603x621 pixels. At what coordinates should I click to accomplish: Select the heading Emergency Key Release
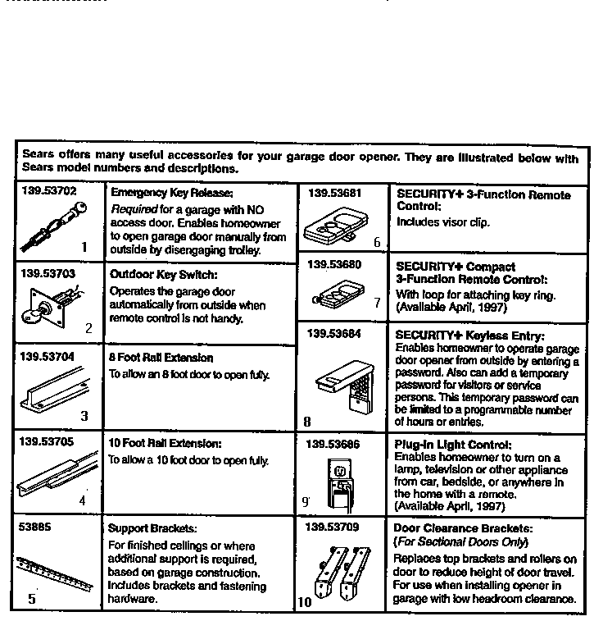point(161,194)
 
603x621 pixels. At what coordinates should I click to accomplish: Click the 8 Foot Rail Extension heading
point(161,358)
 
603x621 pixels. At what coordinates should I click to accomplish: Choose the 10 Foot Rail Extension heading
point(164,442)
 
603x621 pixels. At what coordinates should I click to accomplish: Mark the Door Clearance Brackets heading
point(463,529)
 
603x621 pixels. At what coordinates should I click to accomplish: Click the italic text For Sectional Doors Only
point(461,542)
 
